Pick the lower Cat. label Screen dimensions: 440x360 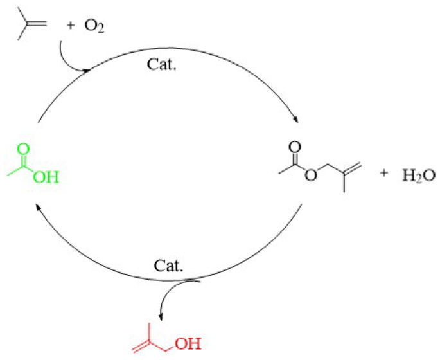point(170,265)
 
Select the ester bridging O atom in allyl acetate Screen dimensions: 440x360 point(312,175)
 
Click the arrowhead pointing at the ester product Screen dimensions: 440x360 point(295,120)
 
